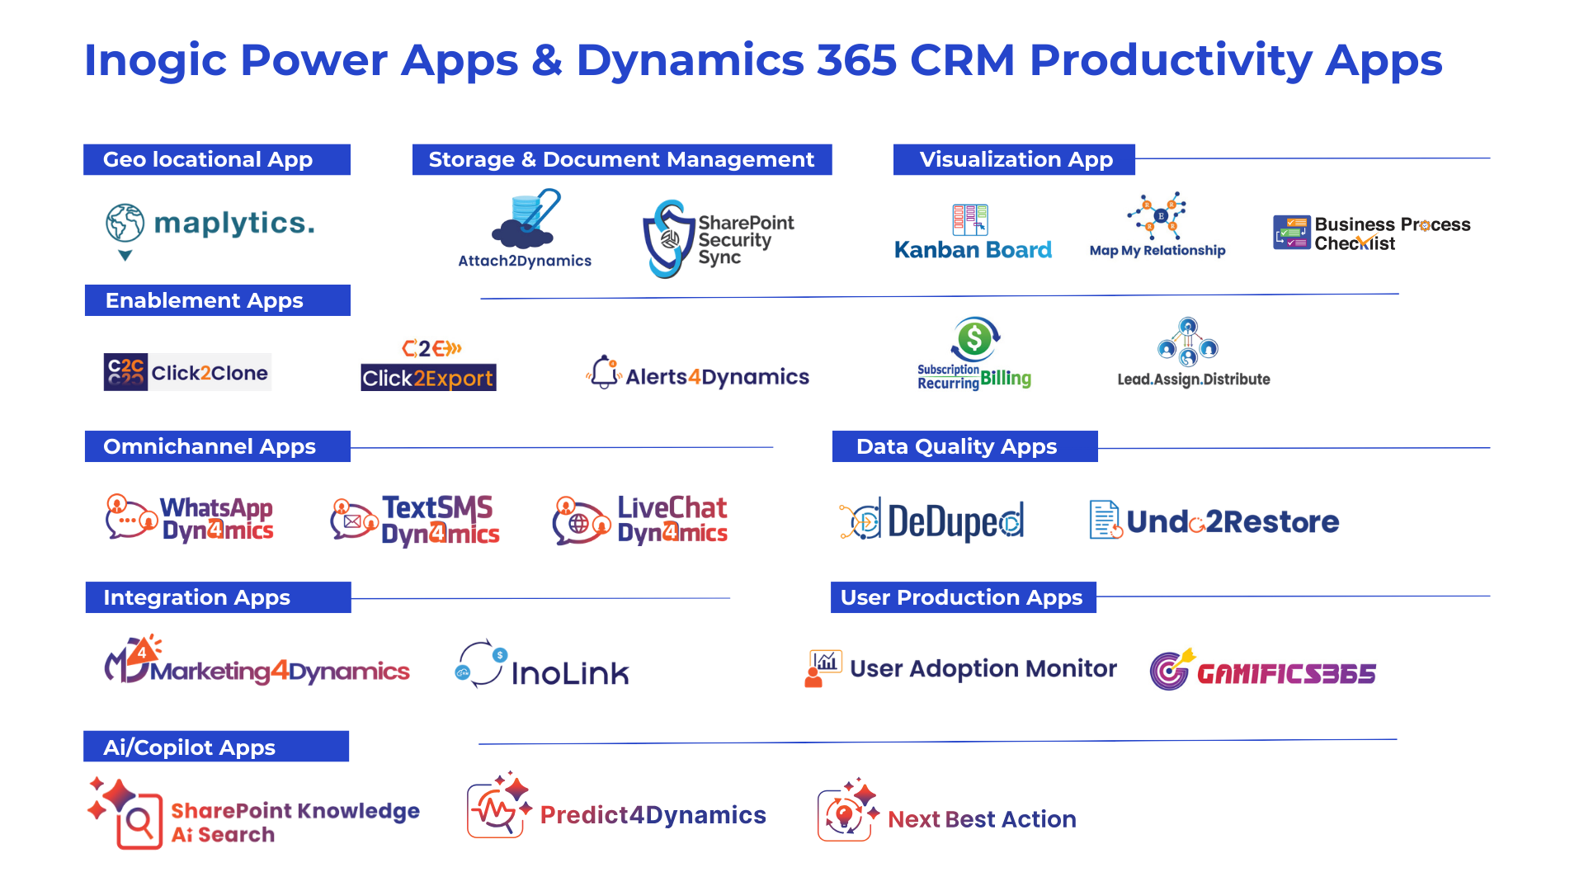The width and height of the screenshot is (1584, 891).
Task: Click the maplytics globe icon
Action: [125, 223]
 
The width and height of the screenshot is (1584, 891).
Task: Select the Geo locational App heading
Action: [208, 159]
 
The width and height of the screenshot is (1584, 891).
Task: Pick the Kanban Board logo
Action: [973, 233]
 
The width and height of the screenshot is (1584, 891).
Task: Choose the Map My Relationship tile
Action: [1158, 233]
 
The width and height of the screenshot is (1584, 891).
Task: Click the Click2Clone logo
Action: [187, 372]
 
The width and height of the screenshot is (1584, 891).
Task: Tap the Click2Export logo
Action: [428, 362]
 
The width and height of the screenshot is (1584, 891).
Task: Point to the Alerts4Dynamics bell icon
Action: [604, 372]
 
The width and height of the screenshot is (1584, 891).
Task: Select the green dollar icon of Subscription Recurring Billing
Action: [974, 338]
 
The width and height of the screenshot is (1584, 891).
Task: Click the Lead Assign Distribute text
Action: [1193, 379]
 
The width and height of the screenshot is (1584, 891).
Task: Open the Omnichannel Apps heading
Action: [210, 446]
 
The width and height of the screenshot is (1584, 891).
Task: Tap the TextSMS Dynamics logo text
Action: [439, 521]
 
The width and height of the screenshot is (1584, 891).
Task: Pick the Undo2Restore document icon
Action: [1105, 520]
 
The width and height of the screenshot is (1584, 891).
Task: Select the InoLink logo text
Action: [570, 674]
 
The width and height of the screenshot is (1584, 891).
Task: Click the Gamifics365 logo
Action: [1262, 669]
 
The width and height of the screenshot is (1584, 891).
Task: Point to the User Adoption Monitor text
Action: [983, 668]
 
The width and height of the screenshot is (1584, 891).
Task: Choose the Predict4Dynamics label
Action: [653, 815]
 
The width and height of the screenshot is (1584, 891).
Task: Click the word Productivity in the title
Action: [1171, 60]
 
